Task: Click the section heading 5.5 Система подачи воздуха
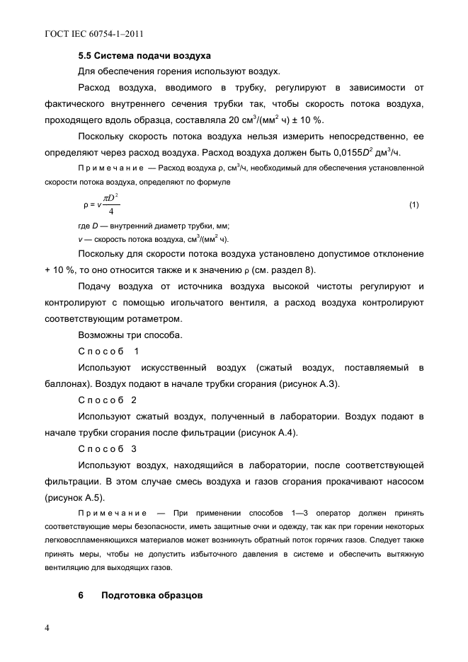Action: [x=145, y=55]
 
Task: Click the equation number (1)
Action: [x=414, y=205]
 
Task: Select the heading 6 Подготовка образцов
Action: [x=141, y=595]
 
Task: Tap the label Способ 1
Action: [x=109, y=351]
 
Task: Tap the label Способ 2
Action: [x=109, y=400]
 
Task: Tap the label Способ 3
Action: [x=109, y=448]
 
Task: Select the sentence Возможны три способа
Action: [x=130, y=335]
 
